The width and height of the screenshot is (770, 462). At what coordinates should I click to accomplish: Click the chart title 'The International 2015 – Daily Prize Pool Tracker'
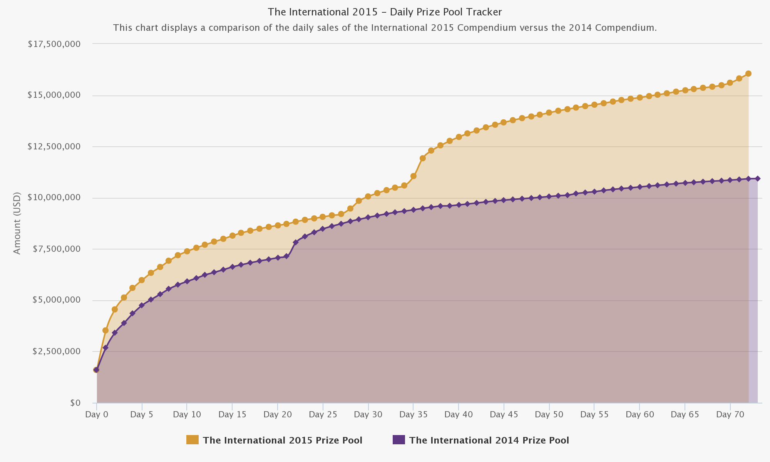pyautogui.click(x=385, y=12)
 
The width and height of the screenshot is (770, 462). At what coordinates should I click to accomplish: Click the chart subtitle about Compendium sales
pyautogui.click(x=385, y=28)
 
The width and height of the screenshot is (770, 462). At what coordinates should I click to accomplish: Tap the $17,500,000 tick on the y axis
pyautogui.click(x=54, y=44)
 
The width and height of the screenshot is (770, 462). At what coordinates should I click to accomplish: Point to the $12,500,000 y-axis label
pyautogui.click(x=54, y=147)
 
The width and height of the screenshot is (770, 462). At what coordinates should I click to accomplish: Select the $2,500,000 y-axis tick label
pyautogui.click(x=56, y=352)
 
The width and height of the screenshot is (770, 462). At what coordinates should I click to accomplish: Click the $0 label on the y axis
pyautogui.click(x=75, y=403)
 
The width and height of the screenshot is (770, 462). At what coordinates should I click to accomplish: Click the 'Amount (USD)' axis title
pyautogui.click(x=17, y=223)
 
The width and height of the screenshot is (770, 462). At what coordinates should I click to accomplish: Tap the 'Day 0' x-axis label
pyautogui.click(x=97, y=415)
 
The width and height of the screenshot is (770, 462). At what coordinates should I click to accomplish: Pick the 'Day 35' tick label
pyautogui.click(x=413, y=415)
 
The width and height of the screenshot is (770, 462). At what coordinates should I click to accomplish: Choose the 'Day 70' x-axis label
pyautogui.click(x=730, y=415)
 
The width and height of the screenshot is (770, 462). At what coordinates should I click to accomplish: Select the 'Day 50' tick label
pyautogui.click(x=549, y=415)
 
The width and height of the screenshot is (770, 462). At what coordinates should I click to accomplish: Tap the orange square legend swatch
pyautogui.click(x=192, y=440)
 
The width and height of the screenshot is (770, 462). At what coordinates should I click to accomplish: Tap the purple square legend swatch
pyautogui.click(x=399, y=440)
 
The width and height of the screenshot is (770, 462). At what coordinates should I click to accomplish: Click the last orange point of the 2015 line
pyautogui.click(x=748, y=74)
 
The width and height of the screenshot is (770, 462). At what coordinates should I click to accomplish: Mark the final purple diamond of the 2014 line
pyautogui.click(x=757, y=179)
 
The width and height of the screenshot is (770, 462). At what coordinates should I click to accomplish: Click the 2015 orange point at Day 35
pyautogui.click(x=413, y=176)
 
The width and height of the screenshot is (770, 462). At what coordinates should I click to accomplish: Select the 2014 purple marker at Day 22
pyautogui.click(x=296, y=242)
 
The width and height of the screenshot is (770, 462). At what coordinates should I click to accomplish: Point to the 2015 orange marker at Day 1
pyautogui.click(x=105, y=330)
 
